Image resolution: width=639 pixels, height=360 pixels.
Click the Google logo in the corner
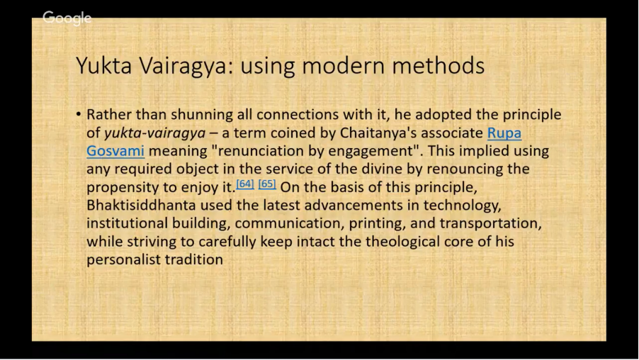click(67, 18)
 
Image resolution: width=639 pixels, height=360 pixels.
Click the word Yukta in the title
click(104, 65)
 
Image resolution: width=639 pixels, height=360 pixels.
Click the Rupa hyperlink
click(504, 133)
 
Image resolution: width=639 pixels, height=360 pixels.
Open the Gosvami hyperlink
click(115, 151)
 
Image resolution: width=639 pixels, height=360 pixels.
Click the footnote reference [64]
click(245, 184)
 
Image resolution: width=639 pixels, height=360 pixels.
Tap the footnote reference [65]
click(267, 184)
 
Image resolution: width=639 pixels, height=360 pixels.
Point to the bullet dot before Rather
click(78, 115)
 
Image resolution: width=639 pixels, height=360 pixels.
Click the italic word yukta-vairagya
click(155, 133)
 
